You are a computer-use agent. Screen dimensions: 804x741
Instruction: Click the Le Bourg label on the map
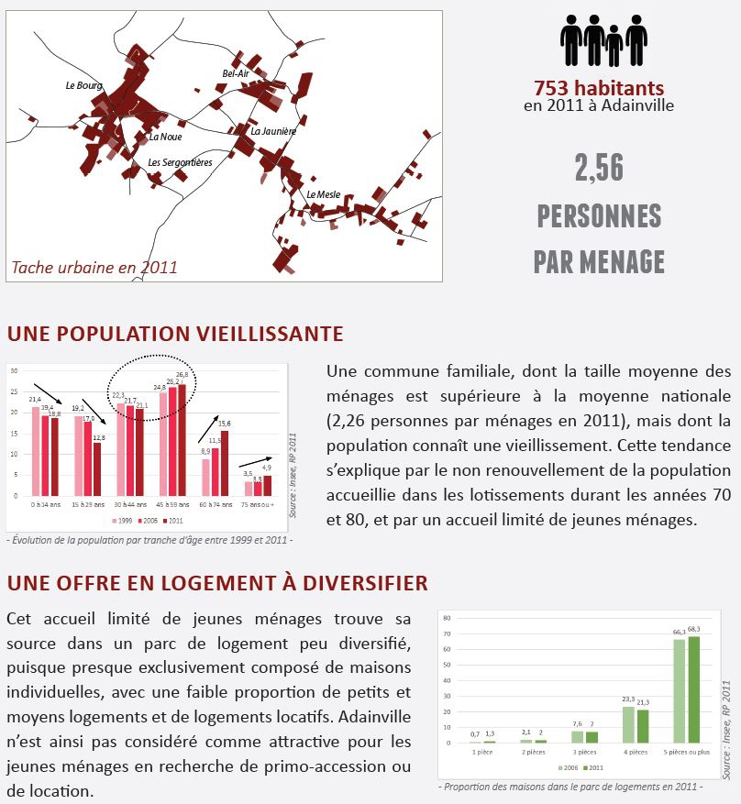[x=83, y=86]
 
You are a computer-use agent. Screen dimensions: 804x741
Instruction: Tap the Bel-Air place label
[x=236, y=73]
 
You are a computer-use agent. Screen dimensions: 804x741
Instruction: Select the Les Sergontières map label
[x=180, y=162]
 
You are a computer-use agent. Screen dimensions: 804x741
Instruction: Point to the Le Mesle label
[x=324, y=194]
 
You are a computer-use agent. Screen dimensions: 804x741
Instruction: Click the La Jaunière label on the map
[x=273, y=131]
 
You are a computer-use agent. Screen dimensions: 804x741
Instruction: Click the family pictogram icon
[x=604, y=40]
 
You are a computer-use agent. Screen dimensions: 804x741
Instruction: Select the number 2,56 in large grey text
[x=599, y=168]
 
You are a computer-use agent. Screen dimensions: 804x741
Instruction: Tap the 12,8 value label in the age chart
[x=97, y=437]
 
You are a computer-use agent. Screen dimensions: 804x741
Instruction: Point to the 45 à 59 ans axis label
[x=172, y=504]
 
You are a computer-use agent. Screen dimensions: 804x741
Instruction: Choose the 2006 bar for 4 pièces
[x=629, y=724]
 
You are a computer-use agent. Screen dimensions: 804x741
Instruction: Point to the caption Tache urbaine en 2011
[x=94, y=268]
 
